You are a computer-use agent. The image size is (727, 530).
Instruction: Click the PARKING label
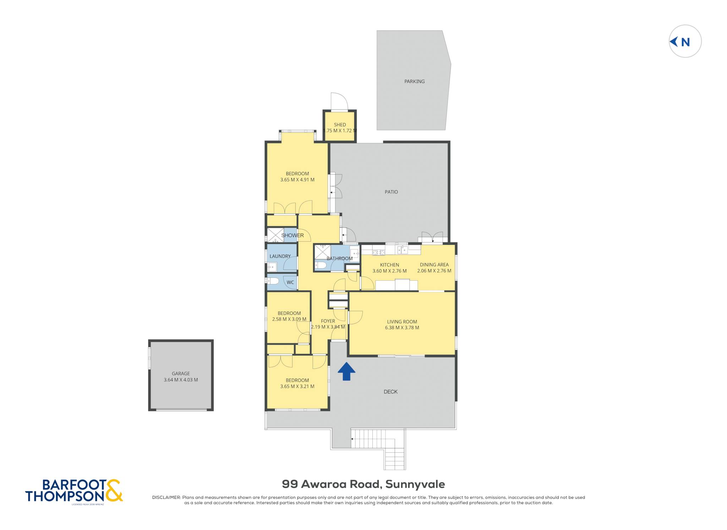414,81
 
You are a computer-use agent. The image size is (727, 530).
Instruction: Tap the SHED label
340,125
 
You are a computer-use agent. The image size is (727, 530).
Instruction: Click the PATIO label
391,192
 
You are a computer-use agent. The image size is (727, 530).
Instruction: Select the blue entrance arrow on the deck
346,371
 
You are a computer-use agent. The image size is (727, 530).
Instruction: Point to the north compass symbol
685,41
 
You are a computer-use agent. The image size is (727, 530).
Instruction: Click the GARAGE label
181,374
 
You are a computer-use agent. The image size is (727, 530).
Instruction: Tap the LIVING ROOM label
402,322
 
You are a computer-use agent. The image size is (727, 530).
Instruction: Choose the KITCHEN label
389,265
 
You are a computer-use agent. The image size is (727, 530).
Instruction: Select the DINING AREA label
434,265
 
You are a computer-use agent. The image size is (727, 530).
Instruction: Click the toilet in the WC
273,281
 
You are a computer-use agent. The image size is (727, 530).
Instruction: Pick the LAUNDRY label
280,256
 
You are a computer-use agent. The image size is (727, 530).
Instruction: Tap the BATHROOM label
339,258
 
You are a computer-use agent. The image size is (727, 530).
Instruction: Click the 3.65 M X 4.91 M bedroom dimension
297,180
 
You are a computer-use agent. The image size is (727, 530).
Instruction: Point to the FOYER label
328,321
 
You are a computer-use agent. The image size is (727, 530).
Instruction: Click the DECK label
390,392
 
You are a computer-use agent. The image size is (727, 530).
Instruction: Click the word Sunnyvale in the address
415,484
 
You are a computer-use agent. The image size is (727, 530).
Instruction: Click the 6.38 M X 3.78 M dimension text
402,328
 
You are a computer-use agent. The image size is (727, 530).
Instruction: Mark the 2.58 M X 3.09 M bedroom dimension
289,319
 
